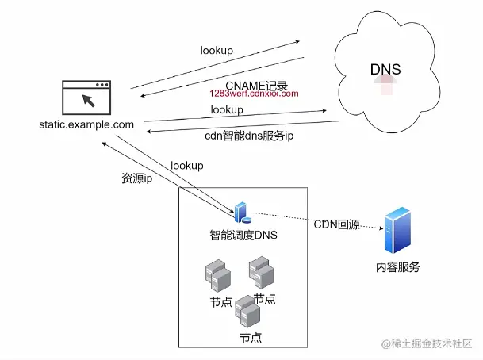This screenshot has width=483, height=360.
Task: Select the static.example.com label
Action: point(86,124)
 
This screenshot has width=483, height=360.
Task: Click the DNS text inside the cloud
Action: point(385,69)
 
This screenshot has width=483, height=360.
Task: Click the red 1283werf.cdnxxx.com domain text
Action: point(254,94)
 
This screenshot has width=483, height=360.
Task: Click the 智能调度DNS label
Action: point(243,235)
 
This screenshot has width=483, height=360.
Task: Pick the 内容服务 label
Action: point(398,267)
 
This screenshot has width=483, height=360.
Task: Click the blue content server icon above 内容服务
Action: point(398,231)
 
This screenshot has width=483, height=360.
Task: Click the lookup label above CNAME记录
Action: point(217,51)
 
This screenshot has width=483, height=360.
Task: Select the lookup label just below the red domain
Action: point(227,109)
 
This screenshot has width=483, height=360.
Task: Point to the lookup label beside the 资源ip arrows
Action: point(187,166)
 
